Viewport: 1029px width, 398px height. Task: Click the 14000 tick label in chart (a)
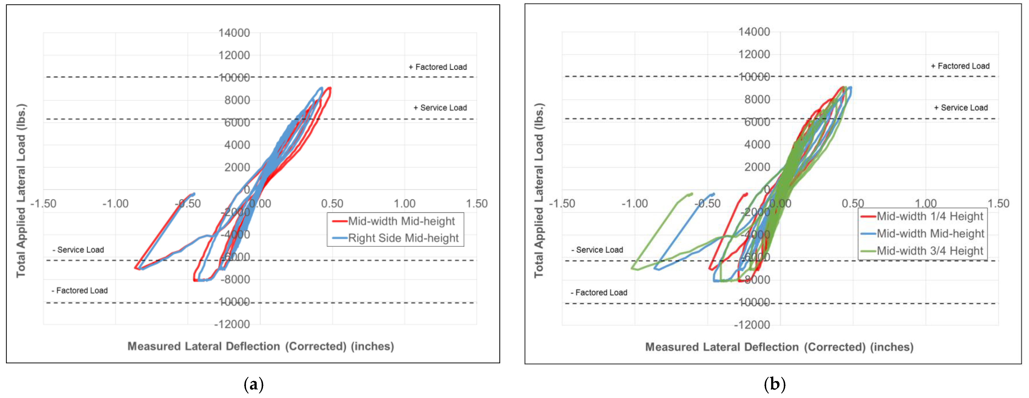(234, 33)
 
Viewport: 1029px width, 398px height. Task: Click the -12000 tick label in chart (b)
(752, 325)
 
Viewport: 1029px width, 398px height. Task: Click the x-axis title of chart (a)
(260, 346)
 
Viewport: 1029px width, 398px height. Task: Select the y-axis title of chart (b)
(539, 190)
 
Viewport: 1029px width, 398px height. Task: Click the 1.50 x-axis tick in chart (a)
(477, 204)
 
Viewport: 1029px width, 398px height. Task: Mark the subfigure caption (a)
(254, 384)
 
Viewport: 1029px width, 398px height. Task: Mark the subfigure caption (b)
(774, 384)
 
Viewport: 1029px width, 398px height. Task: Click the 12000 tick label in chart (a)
(234, 55)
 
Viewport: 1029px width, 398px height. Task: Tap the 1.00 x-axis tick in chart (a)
(405, 204)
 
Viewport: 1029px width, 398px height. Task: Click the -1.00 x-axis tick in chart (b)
(635, 204)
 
